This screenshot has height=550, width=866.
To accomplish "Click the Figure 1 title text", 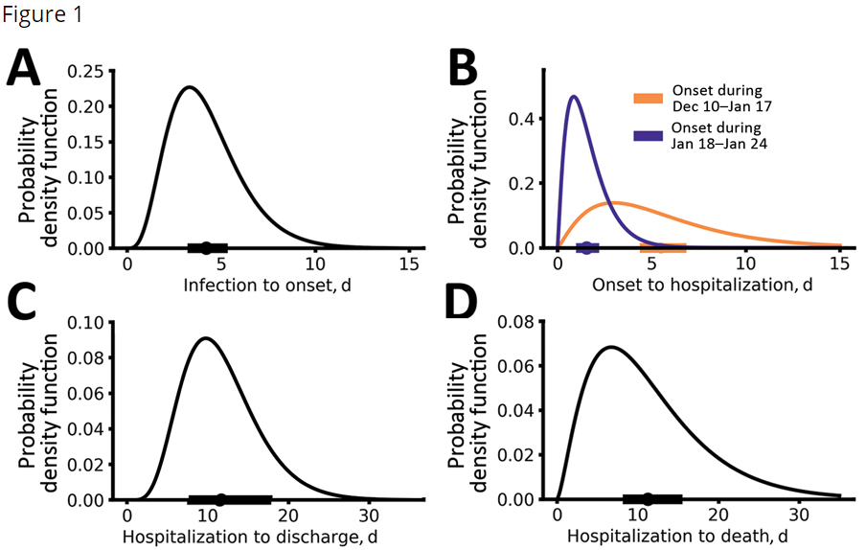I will (x=41, y=17).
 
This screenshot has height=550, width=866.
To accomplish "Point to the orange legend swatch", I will (x=649, y=98).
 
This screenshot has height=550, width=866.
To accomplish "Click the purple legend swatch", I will (x=649, y=135).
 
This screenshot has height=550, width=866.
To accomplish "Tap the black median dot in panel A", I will (x=206, y=248).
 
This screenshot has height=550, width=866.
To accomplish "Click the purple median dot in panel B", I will (x=586, y=248).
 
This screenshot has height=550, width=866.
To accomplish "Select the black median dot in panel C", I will (x=220, y=499).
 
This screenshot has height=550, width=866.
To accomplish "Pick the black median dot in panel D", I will (x=649, y=498).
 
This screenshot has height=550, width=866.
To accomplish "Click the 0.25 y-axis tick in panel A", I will (x=96, y=71).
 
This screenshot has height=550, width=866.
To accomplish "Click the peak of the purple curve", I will (x=574, y=96).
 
